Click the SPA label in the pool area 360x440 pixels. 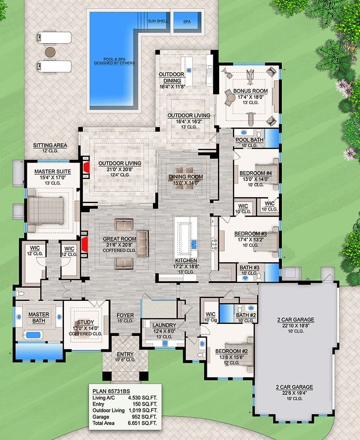[x=187, y=21]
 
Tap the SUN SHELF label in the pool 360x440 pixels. [x=158, y=21]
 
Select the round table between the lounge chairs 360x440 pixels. [x=50, y=52]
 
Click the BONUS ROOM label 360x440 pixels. [x=250, y=91]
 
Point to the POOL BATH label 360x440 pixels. [x=249, y=140]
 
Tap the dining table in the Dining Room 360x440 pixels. [x=185, y=178]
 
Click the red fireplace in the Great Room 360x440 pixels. [x=85, y=244]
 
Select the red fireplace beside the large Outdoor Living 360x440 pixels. [x=86, y=168]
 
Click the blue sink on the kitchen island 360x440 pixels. [x=194, y=244]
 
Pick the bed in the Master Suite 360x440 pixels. [x=46, y=210]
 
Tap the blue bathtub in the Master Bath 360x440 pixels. [x=33, y=335]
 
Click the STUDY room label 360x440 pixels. [x=85, y=322]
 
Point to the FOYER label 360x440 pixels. [x=125, y=315]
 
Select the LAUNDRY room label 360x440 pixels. [x=164, y=325]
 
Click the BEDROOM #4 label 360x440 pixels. [x=256, y=173]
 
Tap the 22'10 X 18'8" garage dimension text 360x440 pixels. [x=296, y=326]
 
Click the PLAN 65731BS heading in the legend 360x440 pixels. [x=111, y=391]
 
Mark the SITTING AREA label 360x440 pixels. [x=50, y=145]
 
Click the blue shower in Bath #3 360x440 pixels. [x=272, y=272]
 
